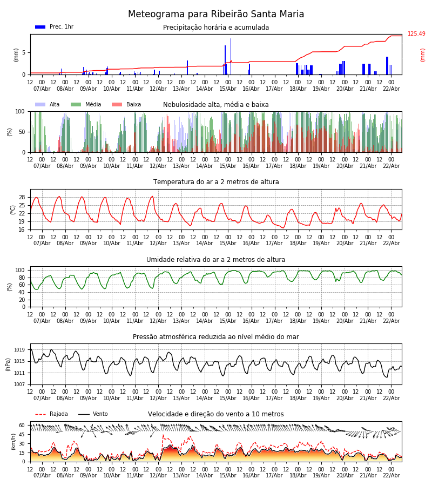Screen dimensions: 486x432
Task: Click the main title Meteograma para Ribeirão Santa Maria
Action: [216, 15]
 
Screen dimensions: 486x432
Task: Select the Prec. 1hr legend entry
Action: [61, 27]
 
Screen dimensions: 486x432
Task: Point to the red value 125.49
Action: [416, 34]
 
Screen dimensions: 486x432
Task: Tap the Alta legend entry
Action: [55, 105]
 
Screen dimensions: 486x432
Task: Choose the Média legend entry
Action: [93, 105]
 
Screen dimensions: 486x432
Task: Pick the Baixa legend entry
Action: [133, 105]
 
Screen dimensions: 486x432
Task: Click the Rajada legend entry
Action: [59, 414]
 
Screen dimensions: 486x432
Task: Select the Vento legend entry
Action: [100, 414]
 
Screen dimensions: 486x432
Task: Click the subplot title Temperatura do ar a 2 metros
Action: [216, 182]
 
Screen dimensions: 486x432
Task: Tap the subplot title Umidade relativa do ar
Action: [216, 260]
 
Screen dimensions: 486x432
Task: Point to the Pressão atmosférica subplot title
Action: [216, 337]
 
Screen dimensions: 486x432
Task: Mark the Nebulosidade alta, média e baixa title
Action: [216, 105]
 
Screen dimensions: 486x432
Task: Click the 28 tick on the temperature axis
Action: [22, 197]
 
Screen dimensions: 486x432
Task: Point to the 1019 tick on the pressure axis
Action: [20, 350]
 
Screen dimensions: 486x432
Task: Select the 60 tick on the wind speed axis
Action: [22, 426]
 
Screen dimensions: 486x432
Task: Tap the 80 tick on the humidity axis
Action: [22, 278]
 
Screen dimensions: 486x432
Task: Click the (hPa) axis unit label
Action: [8, 364]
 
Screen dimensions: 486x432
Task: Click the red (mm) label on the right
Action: [423, 55]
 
